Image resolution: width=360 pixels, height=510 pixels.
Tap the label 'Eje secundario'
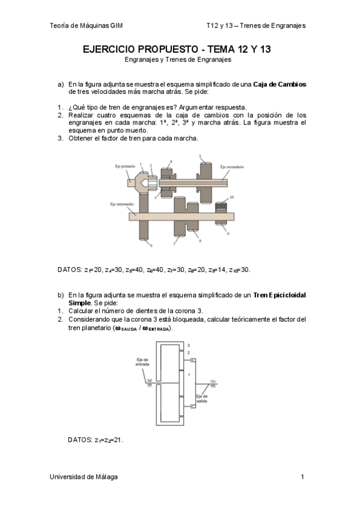point(231,166)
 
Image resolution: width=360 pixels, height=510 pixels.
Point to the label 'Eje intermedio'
point(123,204)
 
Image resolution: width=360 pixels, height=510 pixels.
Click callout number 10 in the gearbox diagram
point(231,197)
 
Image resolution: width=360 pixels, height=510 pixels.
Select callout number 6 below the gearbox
point(151,246)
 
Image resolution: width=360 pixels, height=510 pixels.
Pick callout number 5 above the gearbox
point(200,156)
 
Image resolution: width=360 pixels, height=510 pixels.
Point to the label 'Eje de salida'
point(202,399)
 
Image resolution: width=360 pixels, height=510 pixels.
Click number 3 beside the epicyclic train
point(189,345)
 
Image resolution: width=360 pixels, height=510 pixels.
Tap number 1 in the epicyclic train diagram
point(189,375)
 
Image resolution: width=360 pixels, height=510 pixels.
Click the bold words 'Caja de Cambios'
point(279,84)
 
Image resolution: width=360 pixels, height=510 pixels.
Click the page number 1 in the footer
point(303,476)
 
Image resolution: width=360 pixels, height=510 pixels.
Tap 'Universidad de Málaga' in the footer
point(84,476)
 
